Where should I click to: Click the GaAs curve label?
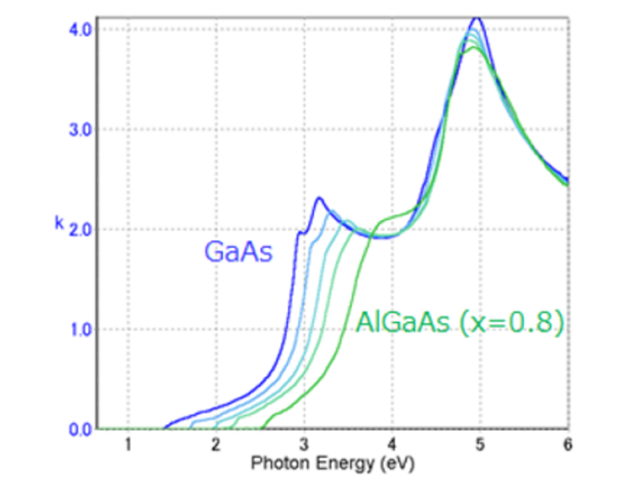(x=238, y=252)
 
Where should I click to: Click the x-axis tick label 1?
(x=128, y=444)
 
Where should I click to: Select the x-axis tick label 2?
(x=216, y=444)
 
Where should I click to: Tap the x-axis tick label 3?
(x=304, y=444)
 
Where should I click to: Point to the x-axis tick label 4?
(x=392, y=444)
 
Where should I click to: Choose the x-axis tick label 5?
(x=480, y=444)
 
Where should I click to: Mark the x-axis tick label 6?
(x=568, y=444)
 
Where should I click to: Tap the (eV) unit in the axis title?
(x=398, y=463)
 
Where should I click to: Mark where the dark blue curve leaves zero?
(x=165, y=428)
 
